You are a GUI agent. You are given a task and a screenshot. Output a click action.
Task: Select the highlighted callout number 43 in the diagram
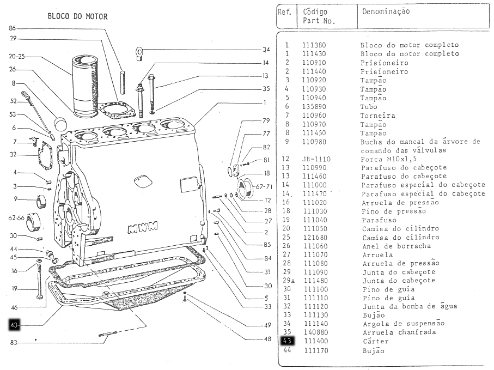pos(15,325)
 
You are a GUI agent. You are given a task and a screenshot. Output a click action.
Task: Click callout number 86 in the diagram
pos(13,28)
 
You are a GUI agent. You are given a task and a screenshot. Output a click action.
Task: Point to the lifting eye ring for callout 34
pos(139,52)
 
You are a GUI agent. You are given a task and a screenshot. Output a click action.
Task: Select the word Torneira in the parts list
pos(377,116)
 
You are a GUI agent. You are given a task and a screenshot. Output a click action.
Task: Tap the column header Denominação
pos(385,11)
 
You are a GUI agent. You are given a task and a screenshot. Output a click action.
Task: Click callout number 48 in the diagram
pos(267,339)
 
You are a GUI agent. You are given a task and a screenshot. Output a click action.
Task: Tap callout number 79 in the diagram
pos(266,120)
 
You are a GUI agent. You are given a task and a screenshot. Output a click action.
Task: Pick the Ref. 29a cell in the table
pos(288,280)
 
